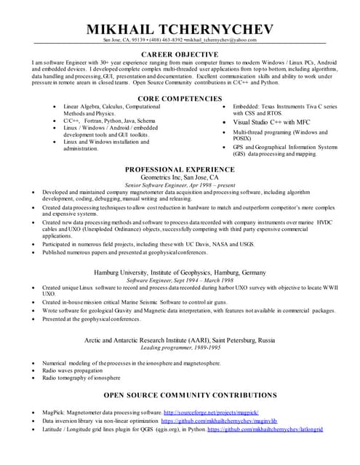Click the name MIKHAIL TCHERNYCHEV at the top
[x=180, y=29]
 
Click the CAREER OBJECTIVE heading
[x=180, y=54]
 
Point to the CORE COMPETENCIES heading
[x=180, y=97]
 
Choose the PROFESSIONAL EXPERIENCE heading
[x=180, y=169]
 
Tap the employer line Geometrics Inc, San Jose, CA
[x=180, y=177]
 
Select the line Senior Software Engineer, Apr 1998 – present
[x=180, y=185]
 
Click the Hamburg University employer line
[x=180, y=271]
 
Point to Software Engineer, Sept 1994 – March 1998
[x=180, y=280]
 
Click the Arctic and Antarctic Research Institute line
[x=180, y=340]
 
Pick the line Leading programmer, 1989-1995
[x=180, y=348]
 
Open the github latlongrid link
[x=265, y=429]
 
